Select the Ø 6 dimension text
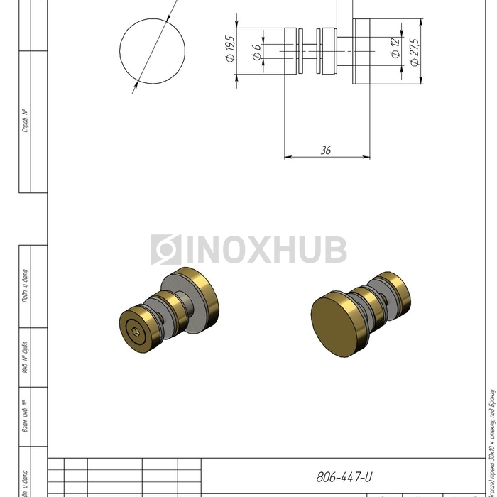(x=256, y=51)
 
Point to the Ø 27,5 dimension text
(x=415, y=52)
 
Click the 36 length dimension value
(x=326, y=151)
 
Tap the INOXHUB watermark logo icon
(x=165, y=250)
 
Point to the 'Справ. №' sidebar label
(x=26, y=121)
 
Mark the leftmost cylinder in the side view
(x=292, y=51)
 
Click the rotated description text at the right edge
(x=491, y=440)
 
